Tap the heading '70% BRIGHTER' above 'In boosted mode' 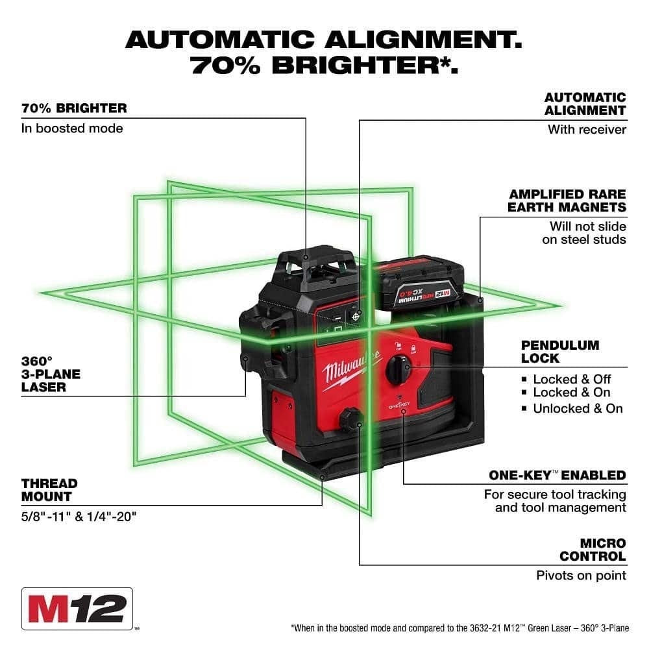tap(73, 108)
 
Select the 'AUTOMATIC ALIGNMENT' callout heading tap(585, 103)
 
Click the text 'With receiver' tap(587, 129)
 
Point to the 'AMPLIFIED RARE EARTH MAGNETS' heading tap(567, 201)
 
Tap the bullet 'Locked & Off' tap(572, 379)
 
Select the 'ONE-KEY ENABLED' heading tap(557, 476)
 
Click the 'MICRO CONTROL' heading tap(593, 549)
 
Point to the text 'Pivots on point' tap(581, 575)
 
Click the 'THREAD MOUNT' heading tap(49, 489)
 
